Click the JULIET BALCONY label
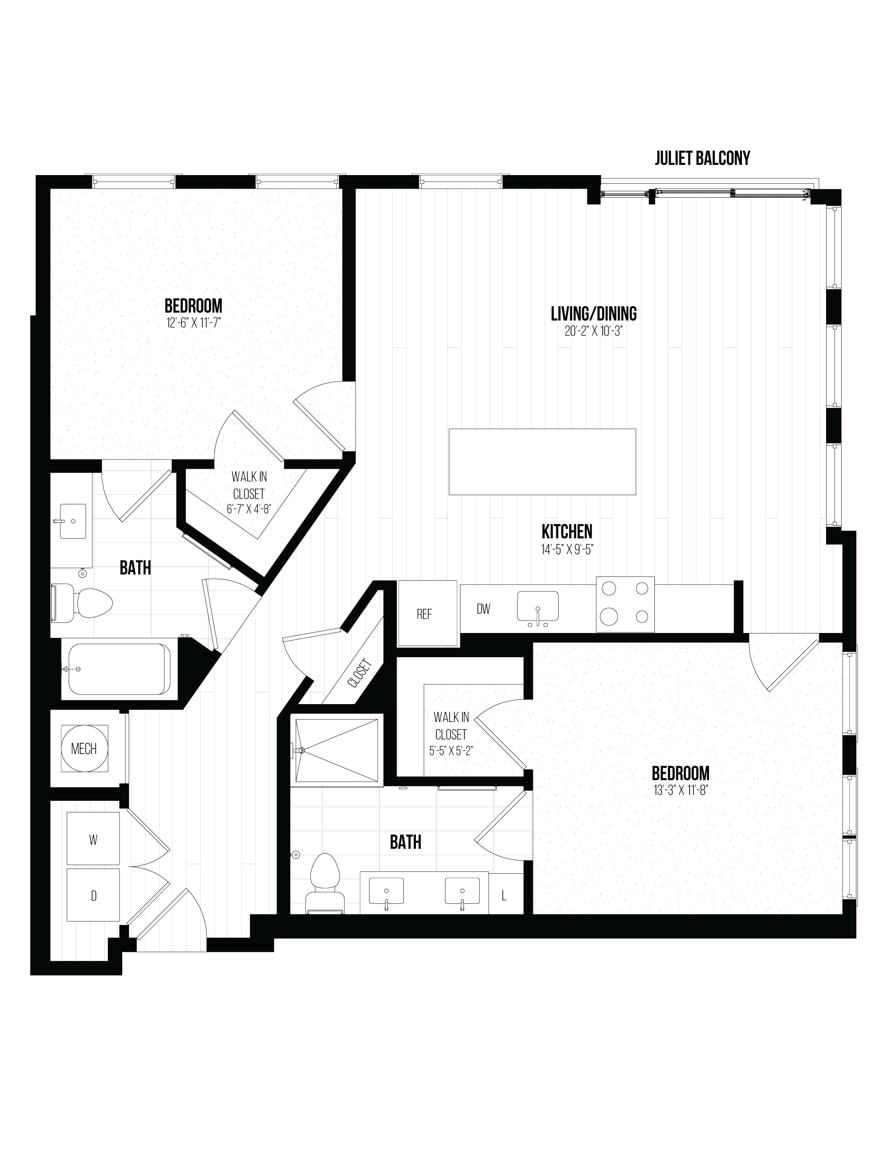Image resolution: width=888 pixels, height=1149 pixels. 702,158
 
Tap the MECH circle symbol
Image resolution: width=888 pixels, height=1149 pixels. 84,748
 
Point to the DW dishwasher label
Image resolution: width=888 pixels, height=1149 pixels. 484,609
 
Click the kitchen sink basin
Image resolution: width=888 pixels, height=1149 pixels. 538,606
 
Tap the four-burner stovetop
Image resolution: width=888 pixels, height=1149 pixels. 625,604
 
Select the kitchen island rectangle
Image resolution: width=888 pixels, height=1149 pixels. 542,461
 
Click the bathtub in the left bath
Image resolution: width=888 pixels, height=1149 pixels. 119,669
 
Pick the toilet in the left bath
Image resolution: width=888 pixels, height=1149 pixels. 82,603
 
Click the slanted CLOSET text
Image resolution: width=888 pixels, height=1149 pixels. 360,673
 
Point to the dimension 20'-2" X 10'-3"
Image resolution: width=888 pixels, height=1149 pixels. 593,331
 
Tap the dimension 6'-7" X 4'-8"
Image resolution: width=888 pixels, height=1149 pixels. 249,509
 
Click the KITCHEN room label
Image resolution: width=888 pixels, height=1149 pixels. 567,531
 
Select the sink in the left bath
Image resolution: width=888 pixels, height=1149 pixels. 73,521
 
